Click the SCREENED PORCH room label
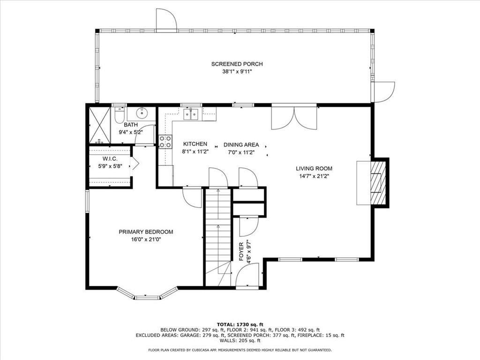(x=237, y=64)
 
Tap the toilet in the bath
(x=119, y=114)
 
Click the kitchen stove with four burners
(x=165, y=142)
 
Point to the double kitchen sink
(x=191, y=114)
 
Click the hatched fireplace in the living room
(x=378, y=182)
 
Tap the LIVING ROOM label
(x=314, y=168)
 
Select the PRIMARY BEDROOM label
(x=146, y=232)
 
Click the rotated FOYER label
(x=241, y=252)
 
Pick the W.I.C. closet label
(x=110, y=159)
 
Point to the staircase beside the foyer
(x=217, y=237)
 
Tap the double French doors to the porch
(x=294, y=118)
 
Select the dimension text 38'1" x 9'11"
(x=237, y=72)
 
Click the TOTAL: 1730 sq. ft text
(x=240, y=324)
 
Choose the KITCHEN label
(x=195, y=144)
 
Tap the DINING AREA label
(x=241, y=145)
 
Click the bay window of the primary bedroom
(x=147, y=293)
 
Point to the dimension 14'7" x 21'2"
(x=314, y=176)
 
